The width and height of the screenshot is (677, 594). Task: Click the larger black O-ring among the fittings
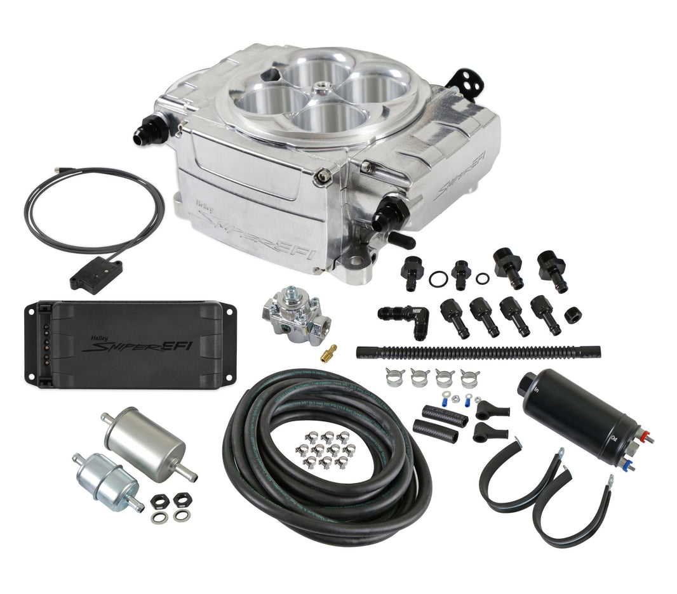[x=438, y=279]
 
